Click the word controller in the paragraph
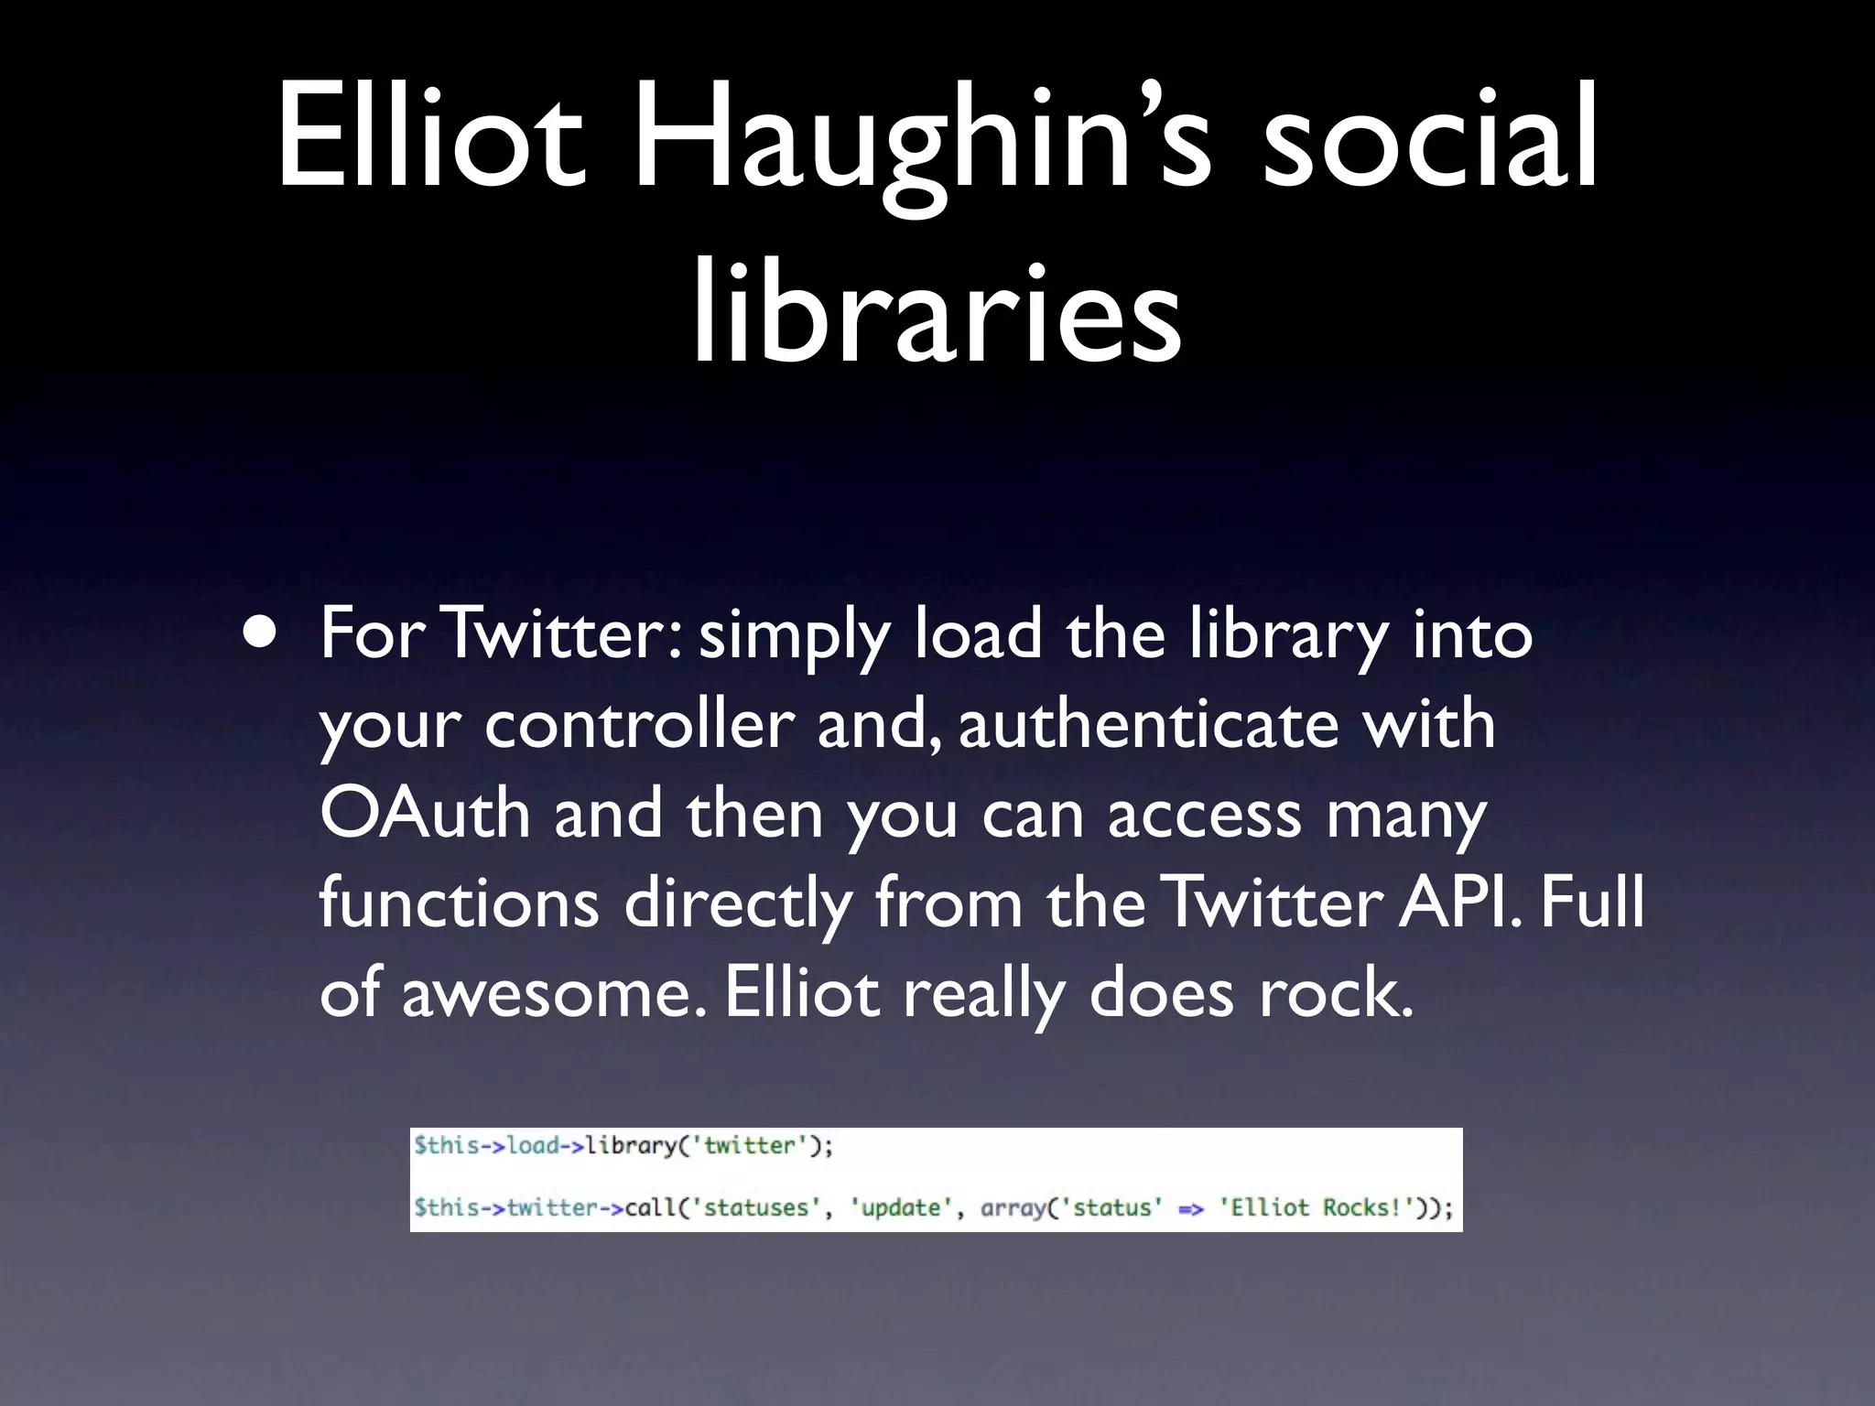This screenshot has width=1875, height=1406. pos(638,724)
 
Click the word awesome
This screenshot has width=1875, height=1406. pos(553,992)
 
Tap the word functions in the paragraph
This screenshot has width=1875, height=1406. pos(459,903)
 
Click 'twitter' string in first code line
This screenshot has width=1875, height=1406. pos(750,1145)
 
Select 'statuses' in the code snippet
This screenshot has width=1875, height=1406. pos(755,1207)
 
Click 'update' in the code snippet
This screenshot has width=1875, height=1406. pos(901,1207)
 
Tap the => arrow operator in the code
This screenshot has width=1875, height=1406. pos(1190,1208)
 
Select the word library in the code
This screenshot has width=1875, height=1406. pos(631,1145)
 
